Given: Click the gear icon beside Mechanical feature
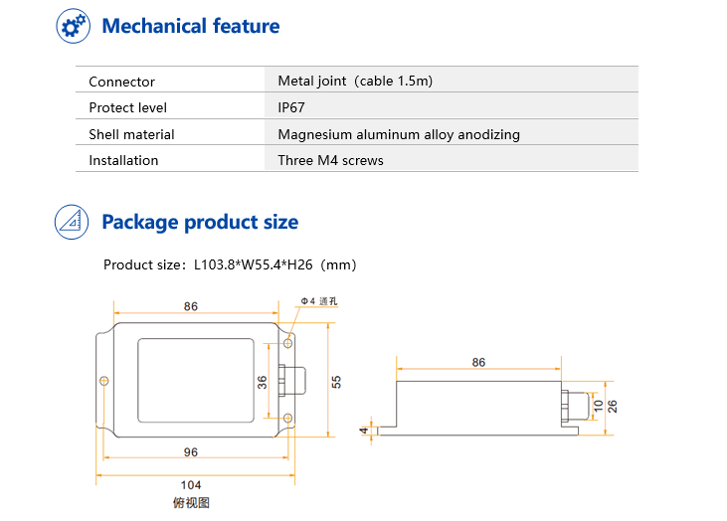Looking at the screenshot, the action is (73, 26).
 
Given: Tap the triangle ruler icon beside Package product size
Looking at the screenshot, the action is (72, 222).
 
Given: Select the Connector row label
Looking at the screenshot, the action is (121, 82).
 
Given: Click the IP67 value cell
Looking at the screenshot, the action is (291, 107).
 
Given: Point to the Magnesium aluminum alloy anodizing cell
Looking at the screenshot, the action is (399, 134).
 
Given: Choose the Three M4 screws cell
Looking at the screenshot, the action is (330, 160).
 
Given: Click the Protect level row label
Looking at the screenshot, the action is (127, 107).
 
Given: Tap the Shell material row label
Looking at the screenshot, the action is (131, 134).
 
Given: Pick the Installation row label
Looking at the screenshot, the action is (123, 160).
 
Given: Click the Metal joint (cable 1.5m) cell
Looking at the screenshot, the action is (355, 82).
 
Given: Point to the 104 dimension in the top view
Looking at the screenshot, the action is (191, 485).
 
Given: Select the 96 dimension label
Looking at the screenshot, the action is (191, 452).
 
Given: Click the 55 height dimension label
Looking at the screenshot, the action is (336, 382).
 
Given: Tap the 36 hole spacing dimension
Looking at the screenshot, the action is (262, 383).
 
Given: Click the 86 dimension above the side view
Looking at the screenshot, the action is (478, 362).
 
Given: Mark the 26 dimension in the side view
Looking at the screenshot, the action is (612, 407).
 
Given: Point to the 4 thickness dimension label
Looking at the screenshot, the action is (364, 431).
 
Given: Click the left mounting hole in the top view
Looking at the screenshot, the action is (103, 381).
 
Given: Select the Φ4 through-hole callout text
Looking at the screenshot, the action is (319, 301).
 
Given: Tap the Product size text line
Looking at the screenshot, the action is (230, 264).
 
